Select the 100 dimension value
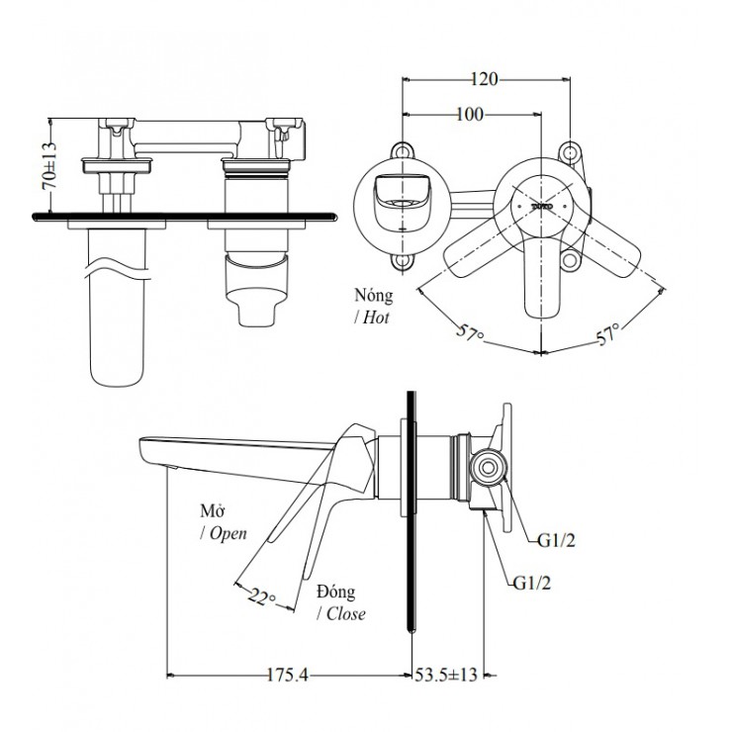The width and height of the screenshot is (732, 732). [469, 115]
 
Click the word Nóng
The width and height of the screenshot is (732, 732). [372, 295]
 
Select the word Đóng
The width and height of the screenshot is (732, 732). [336, 592]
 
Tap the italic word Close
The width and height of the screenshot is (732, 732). [341, 613]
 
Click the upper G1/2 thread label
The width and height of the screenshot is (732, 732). [557, 541]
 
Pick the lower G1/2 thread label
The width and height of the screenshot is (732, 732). [532, 582]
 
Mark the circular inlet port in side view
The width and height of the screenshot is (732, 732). [488, 467]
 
